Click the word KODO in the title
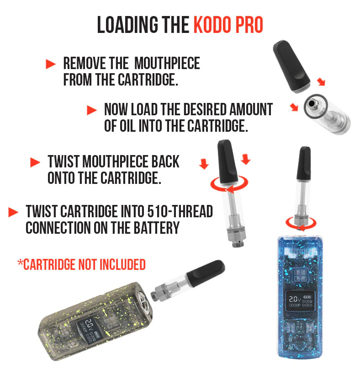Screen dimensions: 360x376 coord(212,25)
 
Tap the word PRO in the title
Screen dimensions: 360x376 coord(249,25)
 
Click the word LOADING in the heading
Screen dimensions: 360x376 coord(127,25)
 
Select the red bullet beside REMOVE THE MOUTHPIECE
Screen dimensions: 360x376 coord(51,64)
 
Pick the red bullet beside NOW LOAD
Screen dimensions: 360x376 coord(92,110)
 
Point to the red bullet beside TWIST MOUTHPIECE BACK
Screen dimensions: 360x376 coord(35,162)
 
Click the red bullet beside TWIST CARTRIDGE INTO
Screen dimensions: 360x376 coord(13,212)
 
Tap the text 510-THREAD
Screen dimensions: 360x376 coord(180,211)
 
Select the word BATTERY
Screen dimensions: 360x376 coord(156,227)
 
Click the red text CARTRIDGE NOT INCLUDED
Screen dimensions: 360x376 coord(82,265)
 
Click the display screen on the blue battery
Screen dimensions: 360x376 coord(301,301)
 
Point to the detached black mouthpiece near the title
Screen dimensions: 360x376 coord(291,66)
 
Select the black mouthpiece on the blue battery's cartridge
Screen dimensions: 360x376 coord(304,163)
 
